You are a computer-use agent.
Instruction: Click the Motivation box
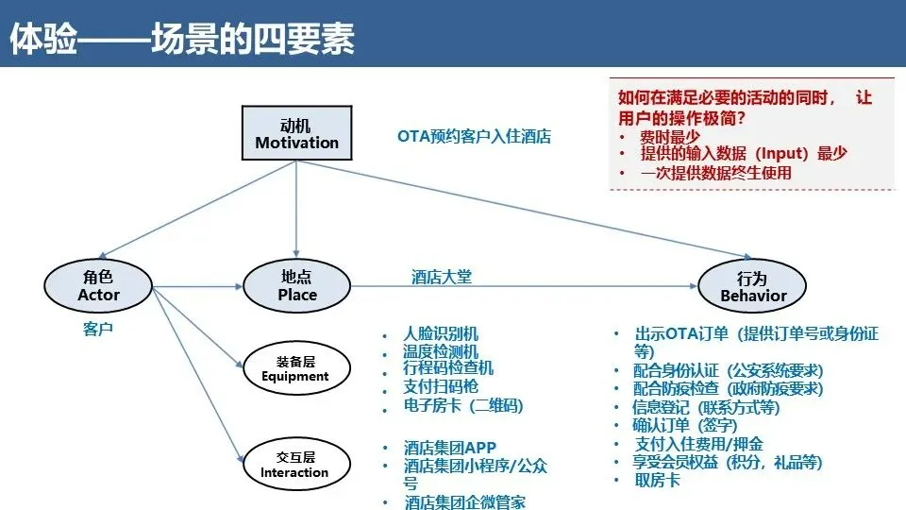pyautogui.click(x=296, y=133)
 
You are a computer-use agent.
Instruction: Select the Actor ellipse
pyautogui.click(x=98, y=285)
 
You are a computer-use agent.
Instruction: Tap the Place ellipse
pyautogui.click(x=297, y=285)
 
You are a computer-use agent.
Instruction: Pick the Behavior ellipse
pyautogui.click(x=752, y=286)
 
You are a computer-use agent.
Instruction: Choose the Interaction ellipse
pyautogui.click(x=294, y=464)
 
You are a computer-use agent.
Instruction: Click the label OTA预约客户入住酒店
pyautogui.click(x=474, y=136)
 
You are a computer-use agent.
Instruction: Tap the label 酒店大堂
pyautogui.click(x=441, y=277)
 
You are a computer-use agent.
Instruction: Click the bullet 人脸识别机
pyautogui.click(x=441, y=333)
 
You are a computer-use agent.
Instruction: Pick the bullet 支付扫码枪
pyautogui.click(x=441, y=387)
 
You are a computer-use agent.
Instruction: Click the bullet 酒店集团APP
pyautogui.click(x=449, y=447)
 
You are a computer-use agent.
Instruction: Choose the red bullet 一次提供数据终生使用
pyautogui.click(x=715, y=173)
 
